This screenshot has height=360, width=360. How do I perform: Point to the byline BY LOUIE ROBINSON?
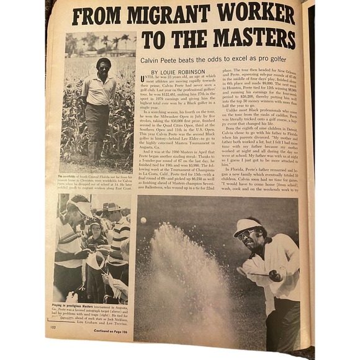tap(178, 72)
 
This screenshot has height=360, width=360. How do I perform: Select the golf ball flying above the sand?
tap(144, 220)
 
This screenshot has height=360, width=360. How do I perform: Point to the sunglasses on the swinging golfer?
tap(249, 234)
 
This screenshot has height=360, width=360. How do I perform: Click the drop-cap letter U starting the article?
tap(144, 81)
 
